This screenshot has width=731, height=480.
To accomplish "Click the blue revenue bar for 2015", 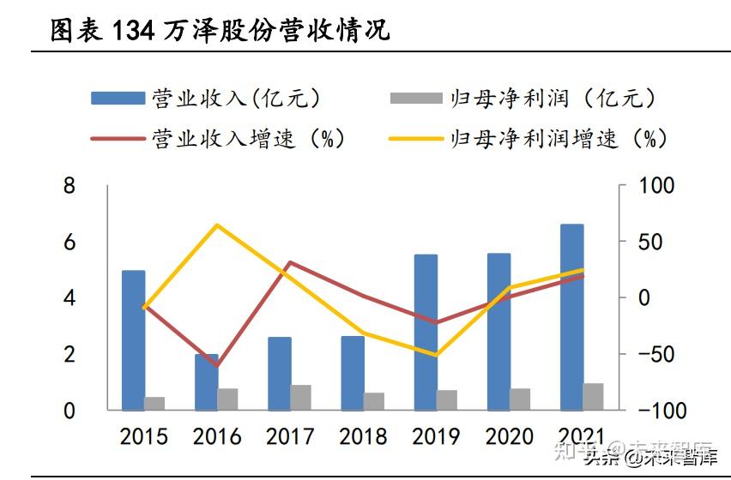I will [133, 339].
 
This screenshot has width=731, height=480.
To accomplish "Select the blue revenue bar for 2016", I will [206, 381].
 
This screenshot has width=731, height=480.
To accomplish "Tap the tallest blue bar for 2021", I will [571, 316].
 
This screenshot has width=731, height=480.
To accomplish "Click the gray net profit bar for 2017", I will [300, 397].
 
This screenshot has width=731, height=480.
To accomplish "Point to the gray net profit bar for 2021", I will [593, 396].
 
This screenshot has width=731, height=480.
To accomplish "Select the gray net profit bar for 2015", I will [154, 403].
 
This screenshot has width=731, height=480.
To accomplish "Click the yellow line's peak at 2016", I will [217, 225].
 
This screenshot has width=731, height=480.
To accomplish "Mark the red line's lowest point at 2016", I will [217, 366].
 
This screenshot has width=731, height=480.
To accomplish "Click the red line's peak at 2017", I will [290, 262].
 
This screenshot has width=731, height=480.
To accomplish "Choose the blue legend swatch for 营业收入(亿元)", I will [118, 99].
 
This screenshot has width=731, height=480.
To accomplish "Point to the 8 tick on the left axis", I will [70, 186].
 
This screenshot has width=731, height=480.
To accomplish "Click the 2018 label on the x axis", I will [363, 437].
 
